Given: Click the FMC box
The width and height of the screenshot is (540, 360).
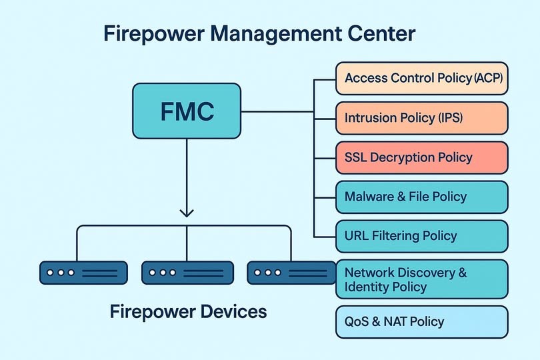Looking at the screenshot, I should point(187,111).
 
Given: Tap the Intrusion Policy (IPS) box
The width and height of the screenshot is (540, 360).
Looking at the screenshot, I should point(421,119).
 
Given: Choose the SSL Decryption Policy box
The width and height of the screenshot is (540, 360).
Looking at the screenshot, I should point(421,158).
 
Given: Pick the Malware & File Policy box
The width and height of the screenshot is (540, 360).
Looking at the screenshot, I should point(421,197).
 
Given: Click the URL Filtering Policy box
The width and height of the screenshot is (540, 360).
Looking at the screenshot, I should point(421,236).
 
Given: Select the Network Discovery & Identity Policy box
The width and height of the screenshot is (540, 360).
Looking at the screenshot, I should point(421,280).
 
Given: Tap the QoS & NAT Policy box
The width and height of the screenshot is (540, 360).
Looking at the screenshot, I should point(421,322).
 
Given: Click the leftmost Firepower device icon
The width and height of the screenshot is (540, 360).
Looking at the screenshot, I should point(83,273).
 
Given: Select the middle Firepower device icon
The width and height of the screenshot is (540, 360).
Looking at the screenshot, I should point(187,273).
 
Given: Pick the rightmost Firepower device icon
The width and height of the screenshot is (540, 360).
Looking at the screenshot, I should point(291,273).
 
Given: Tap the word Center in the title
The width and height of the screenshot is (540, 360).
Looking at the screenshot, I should point(382,33).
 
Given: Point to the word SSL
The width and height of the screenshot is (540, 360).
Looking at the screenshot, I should point(356,158).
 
